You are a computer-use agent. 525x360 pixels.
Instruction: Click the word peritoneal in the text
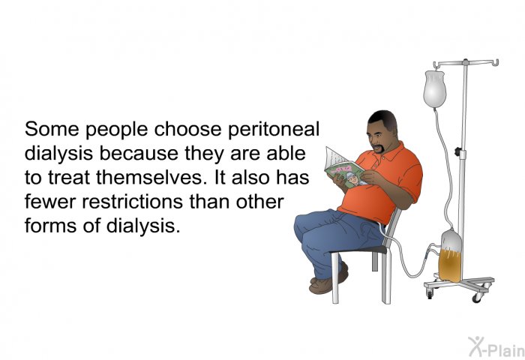point(273,130)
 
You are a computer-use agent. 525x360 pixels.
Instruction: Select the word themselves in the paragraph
point(150,177)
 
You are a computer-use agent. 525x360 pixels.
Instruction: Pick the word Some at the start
point(52,129)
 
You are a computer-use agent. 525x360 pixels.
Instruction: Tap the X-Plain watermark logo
point(496,347)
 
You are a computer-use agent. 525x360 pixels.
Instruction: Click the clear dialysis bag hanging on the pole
point(434,88)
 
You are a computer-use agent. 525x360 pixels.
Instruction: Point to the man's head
point(382,131)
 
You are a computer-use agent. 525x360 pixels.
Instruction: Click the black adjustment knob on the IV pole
point(457,151)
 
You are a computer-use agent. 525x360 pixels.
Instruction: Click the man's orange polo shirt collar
point(389,151)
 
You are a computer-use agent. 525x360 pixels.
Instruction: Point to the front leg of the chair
point(334,278)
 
